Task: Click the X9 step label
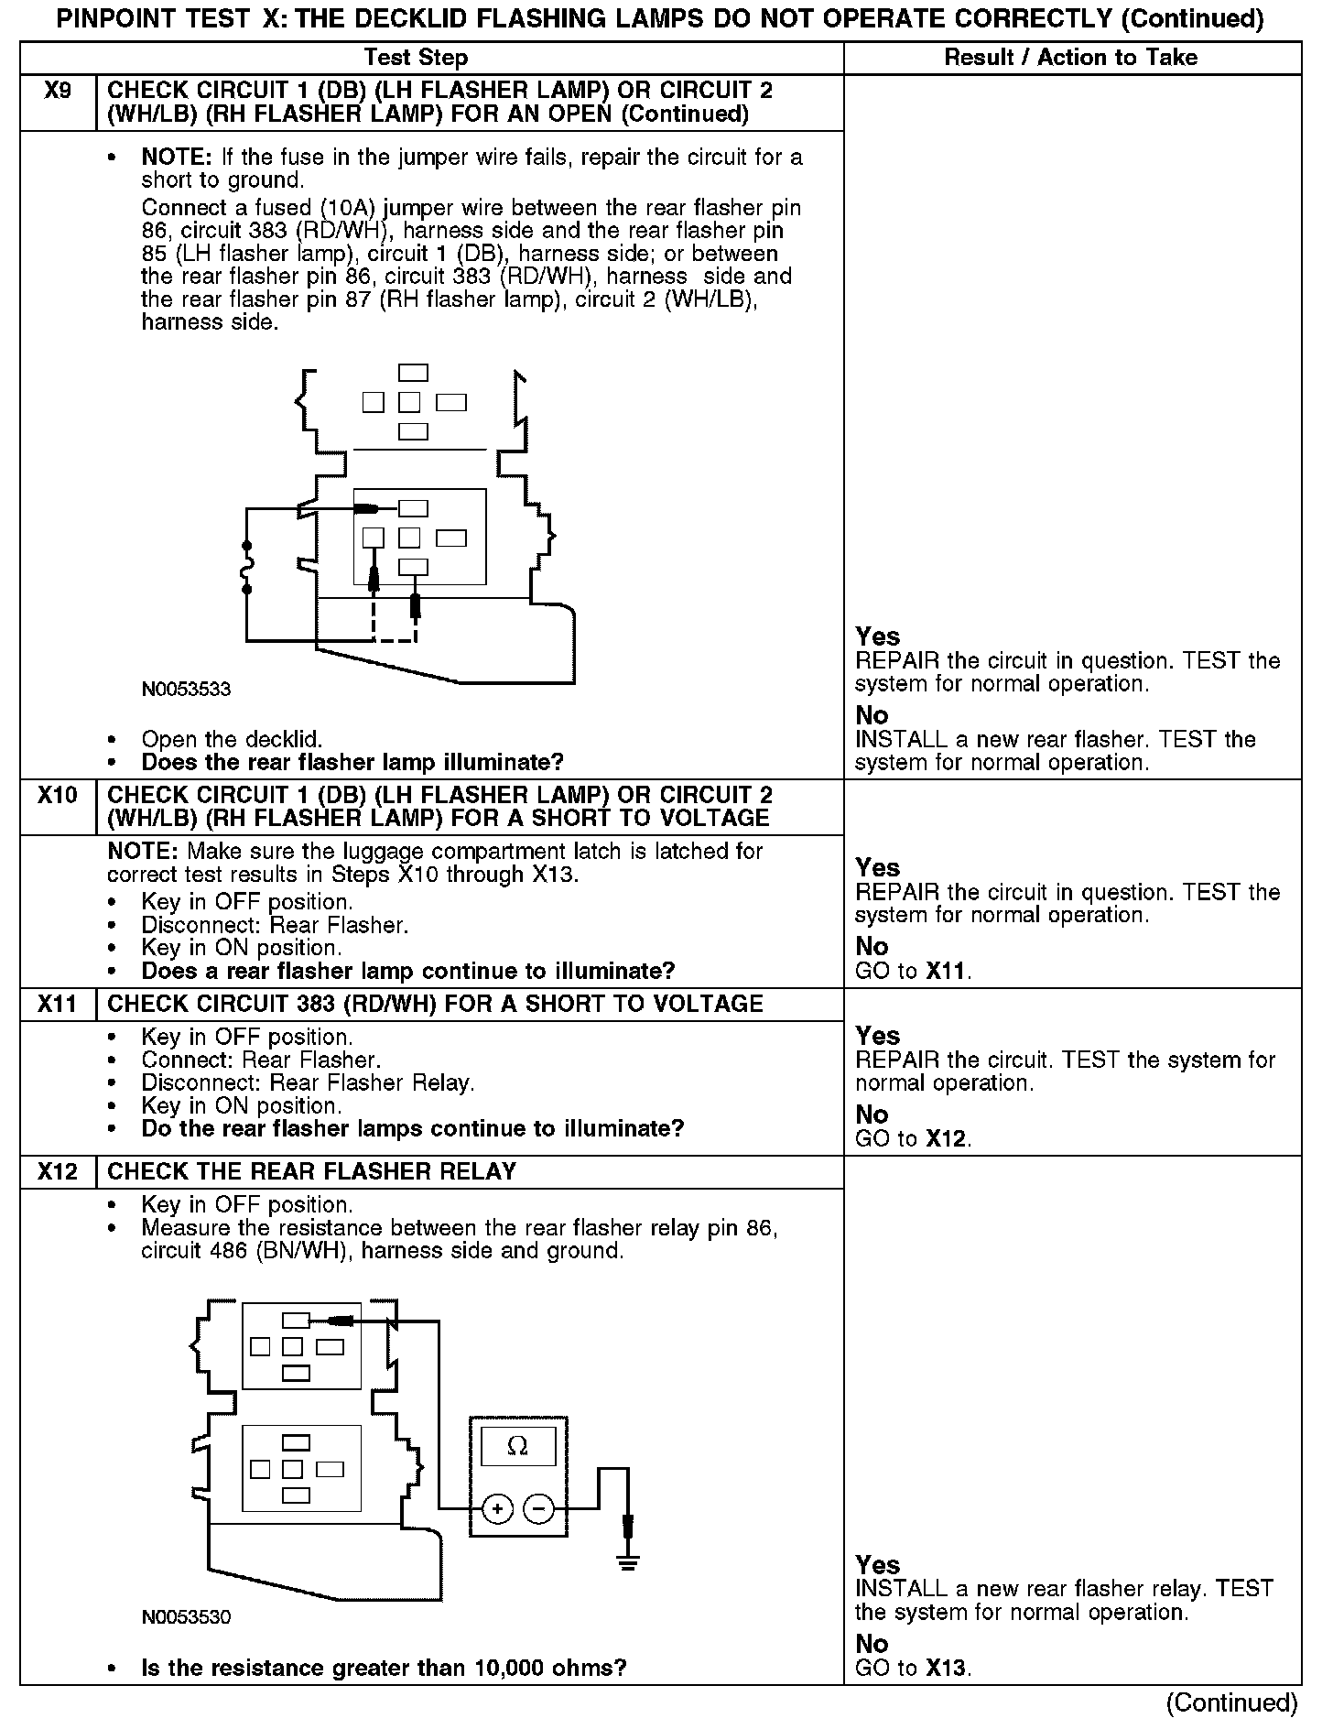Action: [x=57, y=91]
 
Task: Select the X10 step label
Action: [x=57, y=795]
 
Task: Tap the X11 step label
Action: [x=57, y=1005]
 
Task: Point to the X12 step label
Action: [x=57, y=1172]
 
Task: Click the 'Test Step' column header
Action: [x=416, y=58]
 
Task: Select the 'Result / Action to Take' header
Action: [x=1070, y=58]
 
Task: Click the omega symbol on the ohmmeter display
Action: [x=517, y=1446]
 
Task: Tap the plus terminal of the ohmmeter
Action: [x=497, y=1508]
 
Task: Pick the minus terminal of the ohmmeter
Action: [x=539, y=1508]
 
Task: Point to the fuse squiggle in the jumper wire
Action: [x=246, y=569]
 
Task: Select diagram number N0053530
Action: [x=186, y=1617]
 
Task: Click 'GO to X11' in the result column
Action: [x=913, y=971]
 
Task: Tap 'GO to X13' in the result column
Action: [x=913, y=1669]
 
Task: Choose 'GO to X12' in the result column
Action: [x=913, y=1139]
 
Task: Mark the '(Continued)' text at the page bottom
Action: [x=1231, y=1702]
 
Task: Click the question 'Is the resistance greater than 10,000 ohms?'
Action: [x=384, y=1668]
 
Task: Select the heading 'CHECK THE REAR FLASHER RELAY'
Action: [x=311, y=1172]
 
